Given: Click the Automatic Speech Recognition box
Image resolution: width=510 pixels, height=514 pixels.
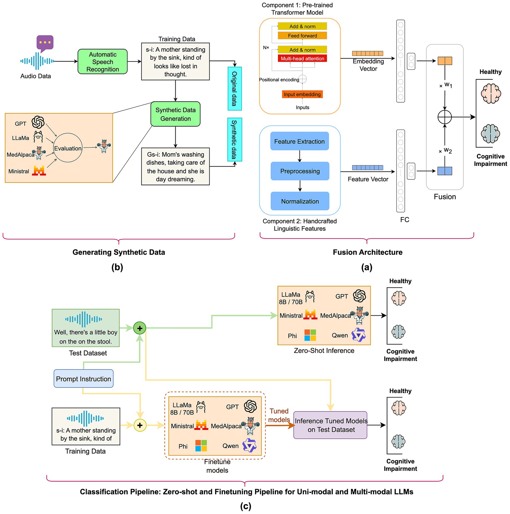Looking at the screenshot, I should point(102,62).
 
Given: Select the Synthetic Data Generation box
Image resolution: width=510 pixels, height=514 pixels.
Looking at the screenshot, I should point(175,114).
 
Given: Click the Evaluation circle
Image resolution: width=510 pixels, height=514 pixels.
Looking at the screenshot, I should point(68,148).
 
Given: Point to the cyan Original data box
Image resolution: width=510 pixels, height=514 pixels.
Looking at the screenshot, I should point(235,89).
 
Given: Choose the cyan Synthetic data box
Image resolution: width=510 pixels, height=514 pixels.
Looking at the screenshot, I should point(235,140).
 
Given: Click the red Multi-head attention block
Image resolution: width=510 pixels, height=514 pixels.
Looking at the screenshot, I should point(302,58).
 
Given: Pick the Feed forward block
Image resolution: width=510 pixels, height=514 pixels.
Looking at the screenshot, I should point(302,36).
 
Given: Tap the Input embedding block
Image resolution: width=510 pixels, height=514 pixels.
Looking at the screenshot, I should point(302,94).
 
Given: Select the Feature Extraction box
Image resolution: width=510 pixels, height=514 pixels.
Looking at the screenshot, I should point(299,141).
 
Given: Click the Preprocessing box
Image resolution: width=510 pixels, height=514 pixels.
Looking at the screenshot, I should point(300,171).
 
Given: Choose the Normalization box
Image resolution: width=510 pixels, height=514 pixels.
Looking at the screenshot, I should point(300,201).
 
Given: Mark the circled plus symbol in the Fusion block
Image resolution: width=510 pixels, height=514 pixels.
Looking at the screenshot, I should point(445,117).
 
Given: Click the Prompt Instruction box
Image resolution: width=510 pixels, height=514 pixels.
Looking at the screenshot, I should point(83,379).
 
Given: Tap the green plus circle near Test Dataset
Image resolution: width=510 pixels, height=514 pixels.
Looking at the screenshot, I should point(140,328).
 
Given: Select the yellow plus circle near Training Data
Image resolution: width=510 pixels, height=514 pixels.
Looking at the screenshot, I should point(140,425).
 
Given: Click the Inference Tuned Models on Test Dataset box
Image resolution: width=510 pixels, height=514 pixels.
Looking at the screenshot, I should point(330,425).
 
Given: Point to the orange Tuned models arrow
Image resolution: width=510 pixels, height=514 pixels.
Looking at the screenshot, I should point(280,425).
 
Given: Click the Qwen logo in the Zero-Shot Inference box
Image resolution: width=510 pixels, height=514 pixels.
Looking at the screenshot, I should point(358,335).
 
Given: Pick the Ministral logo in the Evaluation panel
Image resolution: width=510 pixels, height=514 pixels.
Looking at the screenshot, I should point(39,171).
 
